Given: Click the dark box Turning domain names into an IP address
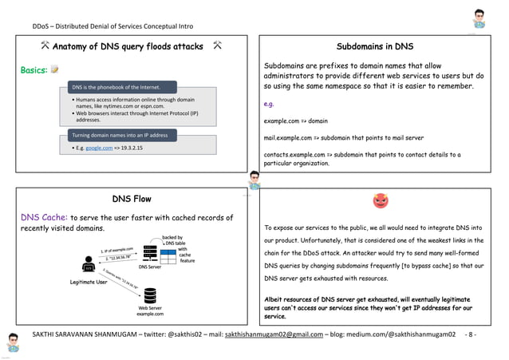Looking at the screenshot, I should (120, 135).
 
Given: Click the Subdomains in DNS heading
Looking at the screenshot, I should (375, 46).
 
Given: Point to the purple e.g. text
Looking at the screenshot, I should (270, 104).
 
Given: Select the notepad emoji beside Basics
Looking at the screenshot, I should (55, 70).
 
